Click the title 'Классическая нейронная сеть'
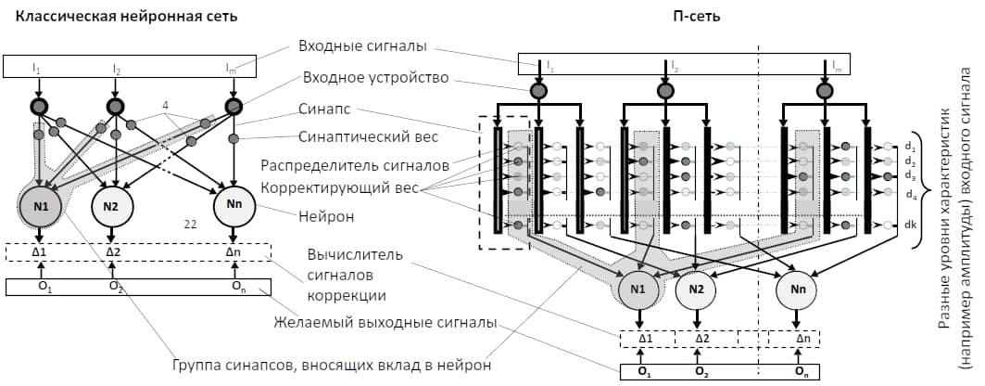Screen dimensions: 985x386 (x=126, y=17)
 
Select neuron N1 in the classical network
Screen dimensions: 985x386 (x=39, y=205)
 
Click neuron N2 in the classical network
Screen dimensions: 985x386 (x=111, y=205)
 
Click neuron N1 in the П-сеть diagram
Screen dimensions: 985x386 (x=638, y=289)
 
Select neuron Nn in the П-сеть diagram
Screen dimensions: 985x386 (x=796, y=289)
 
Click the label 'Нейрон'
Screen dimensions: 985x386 (x=327, y=216)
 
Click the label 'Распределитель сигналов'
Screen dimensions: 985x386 (x=355, y=166)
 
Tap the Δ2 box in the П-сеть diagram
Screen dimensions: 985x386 (x=702, y=339)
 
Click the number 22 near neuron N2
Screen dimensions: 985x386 (x=190, y=223)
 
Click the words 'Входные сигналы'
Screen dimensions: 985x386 (x=363, y=46)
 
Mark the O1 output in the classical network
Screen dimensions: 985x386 (x=41, y=286)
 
